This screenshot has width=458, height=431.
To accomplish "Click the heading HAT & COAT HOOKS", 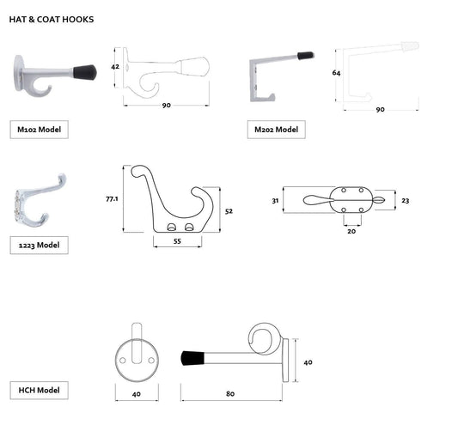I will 52,18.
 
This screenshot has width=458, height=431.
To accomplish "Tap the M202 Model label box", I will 276,130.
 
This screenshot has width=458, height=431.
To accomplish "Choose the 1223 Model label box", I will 40,245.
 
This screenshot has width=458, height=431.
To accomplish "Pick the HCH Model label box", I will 40,390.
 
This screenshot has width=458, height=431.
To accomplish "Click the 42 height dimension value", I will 115,65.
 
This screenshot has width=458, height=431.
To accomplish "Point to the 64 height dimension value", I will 336,74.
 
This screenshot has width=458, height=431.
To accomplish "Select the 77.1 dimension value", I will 111,198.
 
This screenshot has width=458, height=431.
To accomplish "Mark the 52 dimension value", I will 229,210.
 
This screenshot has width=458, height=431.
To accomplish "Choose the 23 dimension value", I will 405,200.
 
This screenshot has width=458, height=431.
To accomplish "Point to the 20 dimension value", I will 351,231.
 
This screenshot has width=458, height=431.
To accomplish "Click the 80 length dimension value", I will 230,395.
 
